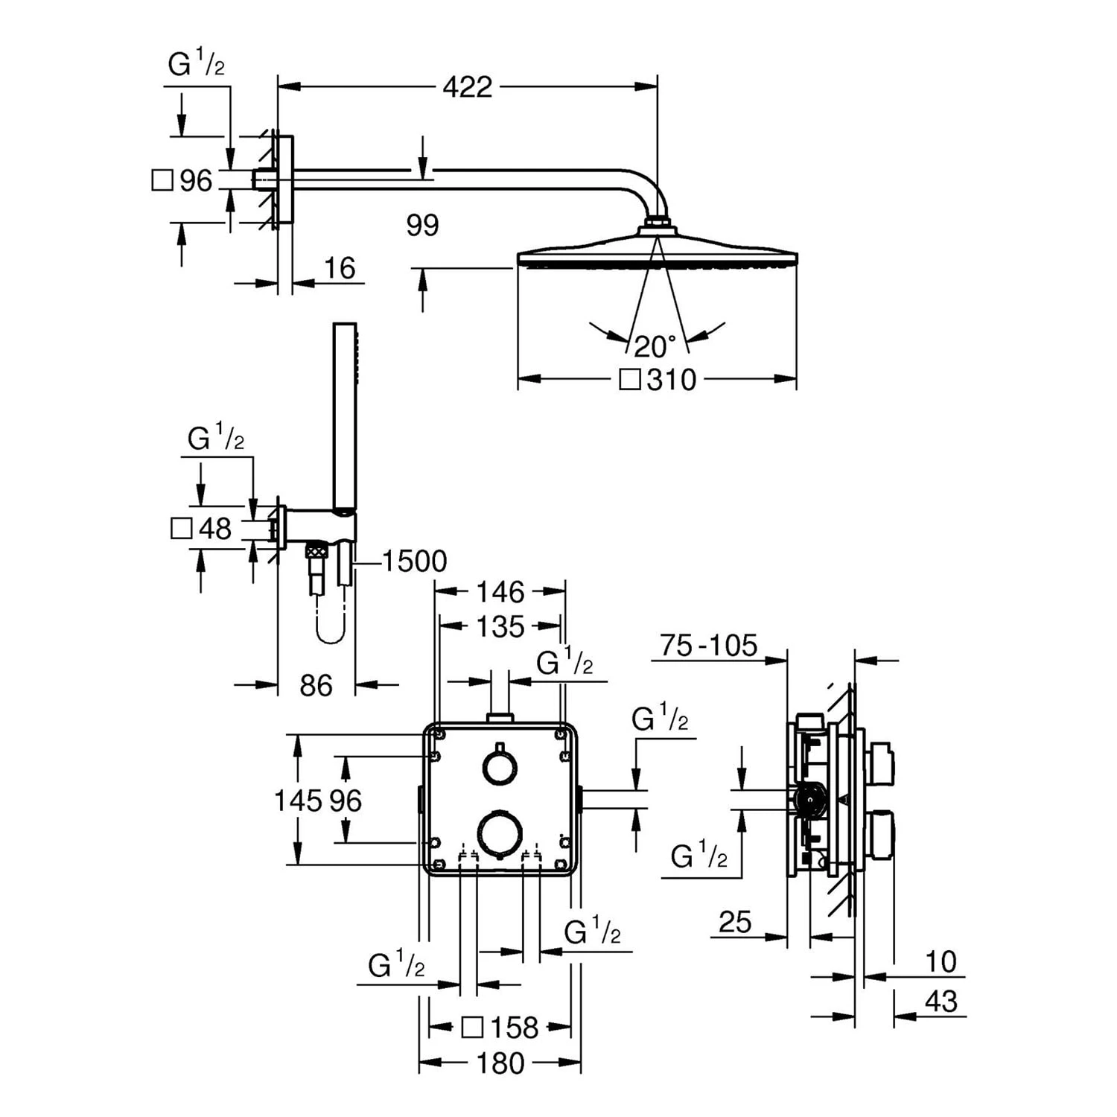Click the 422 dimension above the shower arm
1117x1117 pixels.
coord(467,87)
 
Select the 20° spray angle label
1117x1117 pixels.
coord(655,346)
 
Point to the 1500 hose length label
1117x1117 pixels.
coord(414,561)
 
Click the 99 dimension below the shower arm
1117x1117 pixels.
coord(422,225)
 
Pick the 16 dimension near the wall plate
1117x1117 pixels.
coord(340,269)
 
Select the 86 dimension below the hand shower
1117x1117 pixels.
coord(316,686)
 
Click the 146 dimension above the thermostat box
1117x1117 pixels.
coord(500,593)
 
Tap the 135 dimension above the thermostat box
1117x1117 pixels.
coord(500,627)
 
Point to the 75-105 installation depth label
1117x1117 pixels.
coord(708,646)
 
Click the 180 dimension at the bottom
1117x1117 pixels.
coord(500,1063)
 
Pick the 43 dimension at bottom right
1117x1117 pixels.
coord(941,1002)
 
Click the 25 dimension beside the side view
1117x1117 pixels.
coord(735,923)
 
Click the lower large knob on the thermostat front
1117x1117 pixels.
coord(500,834)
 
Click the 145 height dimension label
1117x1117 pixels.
coord(297,801)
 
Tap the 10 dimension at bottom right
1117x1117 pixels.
coord(941,962)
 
